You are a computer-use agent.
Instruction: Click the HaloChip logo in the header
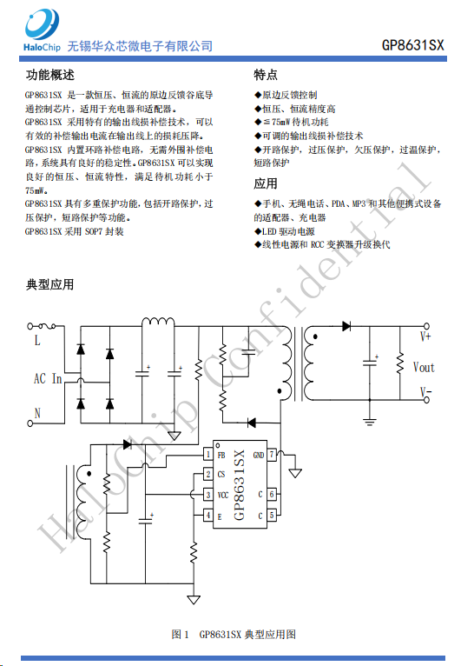tap(42, 31)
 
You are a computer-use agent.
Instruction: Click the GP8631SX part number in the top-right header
tap(412, 45)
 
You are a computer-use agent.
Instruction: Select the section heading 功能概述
tap(50, 75)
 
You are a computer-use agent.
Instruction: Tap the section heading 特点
tap(266, 75)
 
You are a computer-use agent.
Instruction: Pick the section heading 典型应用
tap(50, 284)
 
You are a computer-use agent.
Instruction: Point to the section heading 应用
tap(266, 183)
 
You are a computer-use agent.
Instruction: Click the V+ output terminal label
tap(425, 336)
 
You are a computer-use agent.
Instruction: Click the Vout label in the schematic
tap(424, 368)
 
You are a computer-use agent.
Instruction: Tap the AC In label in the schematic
tap(48, 378)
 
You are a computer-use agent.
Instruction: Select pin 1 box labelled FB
tap(208, 455)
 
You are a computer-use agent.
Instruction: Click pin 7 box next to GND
tap(272, 455)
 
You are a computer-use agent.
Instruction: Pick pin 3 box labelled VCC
tap(208, 495)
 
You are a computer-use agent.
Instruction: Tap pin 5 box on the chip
tap(272, 515)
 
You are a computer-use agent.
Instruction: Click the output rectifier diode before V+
tap(346, 326)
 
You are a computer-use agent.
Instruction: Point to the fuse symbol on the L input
tap(47, 326)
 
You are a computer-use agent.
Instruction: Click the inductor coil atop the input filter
tap(158, 322)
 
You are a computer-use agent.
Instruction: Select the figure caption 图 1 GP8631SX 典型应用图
tap(234, 634)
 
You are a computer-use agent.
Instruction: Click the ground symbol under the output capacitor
tap(370, 422)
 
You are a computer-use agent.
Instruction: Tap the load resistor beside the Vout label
tap(400, 363)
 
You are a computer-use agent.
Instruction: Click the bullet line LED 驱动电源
tap(285, 231)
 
